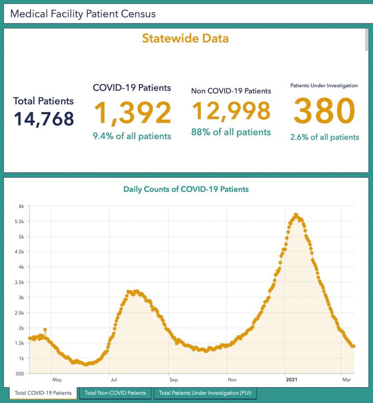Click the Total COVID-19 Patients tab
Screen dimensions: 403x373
pyautogui.click(x=43, y=392)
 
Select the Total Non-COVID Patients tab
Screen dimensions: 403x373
pyautogui.click(x=115, y=392)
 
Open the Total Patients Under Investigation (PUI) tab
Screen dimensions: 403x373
pyautogui.click(x=205, y=392)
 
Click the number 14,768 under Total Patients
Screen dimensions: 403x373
pyautogui.click(x=44, y=119)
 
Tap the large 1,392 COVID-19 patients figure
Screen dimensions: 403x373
pyautogui.click(x=132, y=113)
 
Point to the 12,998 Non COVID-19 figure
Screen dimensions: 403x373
pyautogui.click(x=231, y=111)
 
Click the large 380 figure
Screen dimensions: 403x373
pyautogui.click(x=324, y=112)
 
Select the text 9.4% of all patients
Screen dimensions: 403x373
pyautogui.click(x=132, y=136)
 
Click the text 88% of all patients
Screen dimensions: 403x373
pyautogui.click(x=231, y=132)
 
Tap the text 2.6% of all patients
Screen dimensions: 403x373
pyautogui.click(x=324, y=137)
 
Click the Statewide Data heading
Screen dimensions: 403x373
pyautogui.click(x=185, y=38)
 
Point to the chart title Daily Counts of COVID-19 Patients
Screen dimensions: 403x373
pyautogui.click(x=186, y=189)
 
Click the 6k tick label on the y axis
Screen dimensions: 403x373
pyautogui.click(x=21, y=206)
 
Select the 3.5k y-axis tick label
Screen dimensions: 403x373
pyautogui.click(x=20, y=282)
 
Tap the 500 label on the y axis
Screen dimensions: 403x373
pyautogui.click(x=20, y=373)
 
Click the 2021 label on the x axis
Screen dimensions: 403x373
pyautogui.click(x=292, y=380)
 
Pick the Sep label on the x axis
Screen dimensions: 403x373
pyautogui.click(x=174, y=380)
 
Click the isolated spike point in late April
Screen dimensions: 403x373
pyautogui.click(x=45, y=329)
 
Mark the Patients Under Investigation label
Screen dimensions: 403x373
pyautogui.click(x=324, y=85)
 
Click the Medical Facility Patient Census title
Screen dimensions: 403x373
pyautogui.click(x=83, y=14)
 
